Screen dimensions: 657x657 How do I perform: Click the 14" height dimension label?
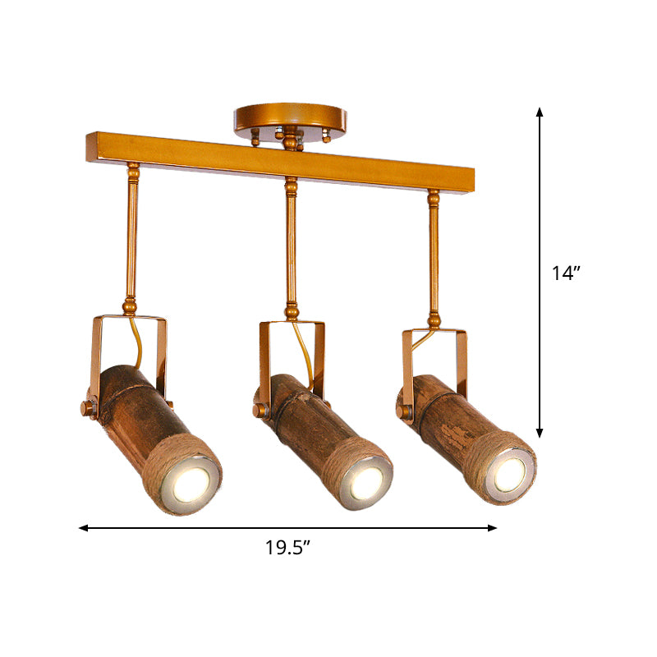(566, 273)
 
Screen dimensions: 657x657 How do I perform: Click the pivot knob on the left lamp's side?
(86, 407)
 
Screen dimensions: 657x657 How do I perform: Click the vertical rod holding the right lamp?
(433, 255)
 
